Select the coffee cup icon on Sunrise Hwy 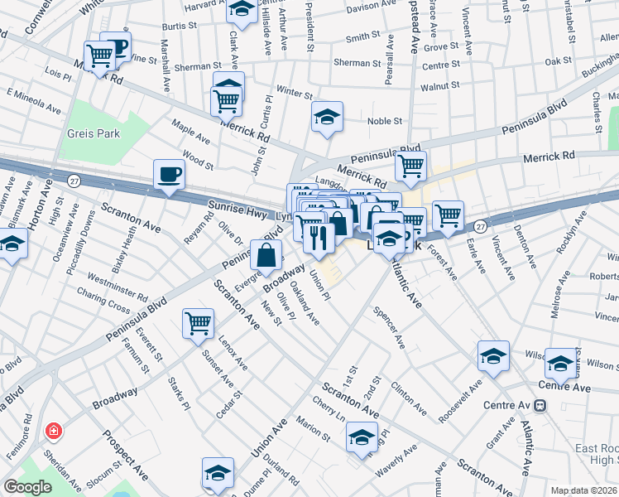pos(169,175)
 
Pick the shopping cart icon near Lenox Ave pos(198,322)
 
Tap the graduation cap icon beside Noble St pos(328,117)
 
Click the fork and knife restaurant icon pos(318,239)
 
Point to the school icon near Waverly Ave pos(362,436)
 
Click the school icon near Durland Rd pos(218,472)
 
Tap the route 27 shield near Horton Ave pos(74,181)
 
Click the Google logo pos(27,487)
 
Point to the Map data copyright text pos(583,490)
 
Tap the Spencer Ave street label pos(389,326)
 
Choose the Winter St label pos(292,91)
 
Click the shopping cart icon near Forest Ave pos(448,215)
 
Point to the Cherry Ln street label pos(329,412)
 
